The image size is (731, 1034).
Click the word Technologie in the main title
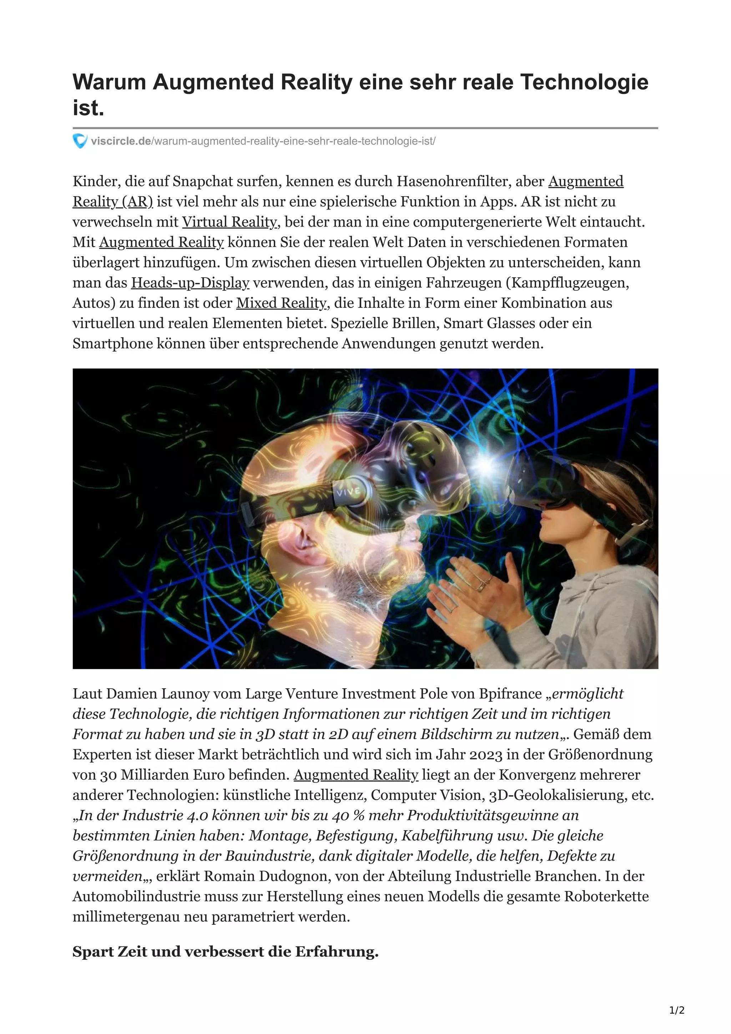point(584,82)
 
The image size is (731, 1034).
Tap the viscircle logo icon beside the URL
point(80,141)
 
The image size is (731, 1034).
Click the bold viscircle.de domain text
point(121,141)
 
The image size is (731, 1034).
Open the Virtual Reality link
point(229,222)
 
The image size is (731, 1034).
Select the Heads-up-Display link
point(190,283)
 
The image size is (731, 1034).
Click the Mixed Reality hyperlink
point(281,303)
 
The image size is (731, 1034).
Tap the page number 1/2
point(676,1010)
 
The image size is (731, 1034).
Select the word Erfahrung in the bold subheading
point(337,952)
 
